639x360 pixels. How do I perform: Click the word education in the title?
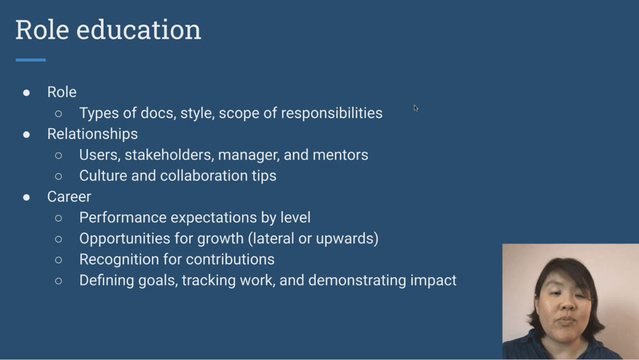138,30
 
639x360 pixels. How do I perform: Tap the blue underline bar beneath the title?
31,60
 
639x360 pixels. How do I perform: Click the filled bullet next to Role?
26,93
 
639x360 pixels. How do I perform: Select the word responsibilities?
331,113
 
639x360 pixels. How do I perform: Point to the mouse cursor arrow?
415,108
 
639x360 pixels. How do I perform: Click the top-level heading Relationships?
92,134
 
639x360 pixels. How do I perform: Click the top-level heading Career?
69,197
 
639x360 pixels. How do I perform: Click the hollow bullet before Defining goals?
59,281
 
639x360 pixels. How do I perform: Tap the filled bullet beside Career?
26,198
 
